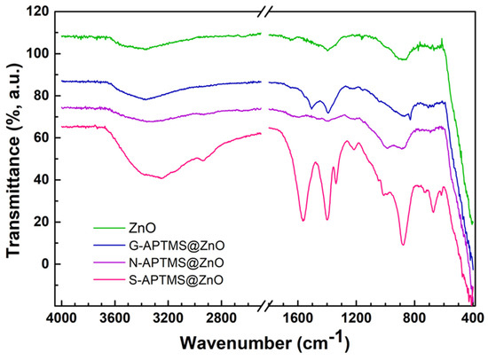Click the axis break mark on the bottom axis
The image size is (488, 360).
[x=265, y=306]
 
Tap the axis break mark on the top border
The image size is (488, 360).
[x=265, y=12]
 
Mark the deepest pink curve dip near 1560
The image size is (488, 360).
[x=303, y=220]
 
